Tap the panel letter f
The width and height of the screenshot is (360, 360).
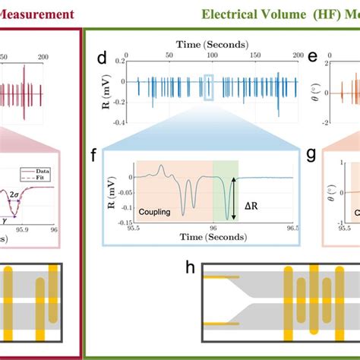(x=93, y=156)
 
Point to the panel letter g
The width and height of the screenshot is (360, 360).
(x=311, y=156)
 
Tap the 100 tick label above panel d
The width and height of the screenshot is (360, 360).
(x=206, y=56)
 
